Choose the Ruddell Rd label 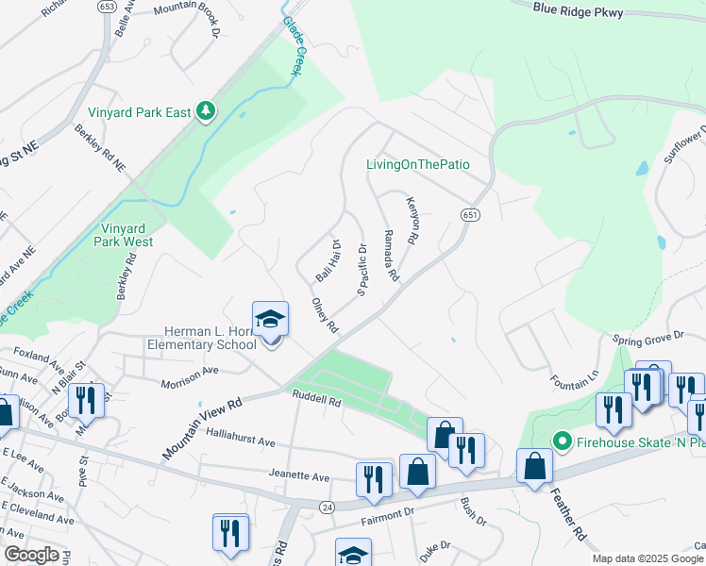(x=315, y=399)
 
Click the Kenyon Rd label (x=412, y=221)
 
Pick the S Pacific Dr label (x=361, y=270)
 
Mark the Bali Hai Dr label (x=328, y=260)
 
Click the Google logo (x=31, y=555)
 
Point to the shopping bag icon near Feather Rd (x=535, y=467)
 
